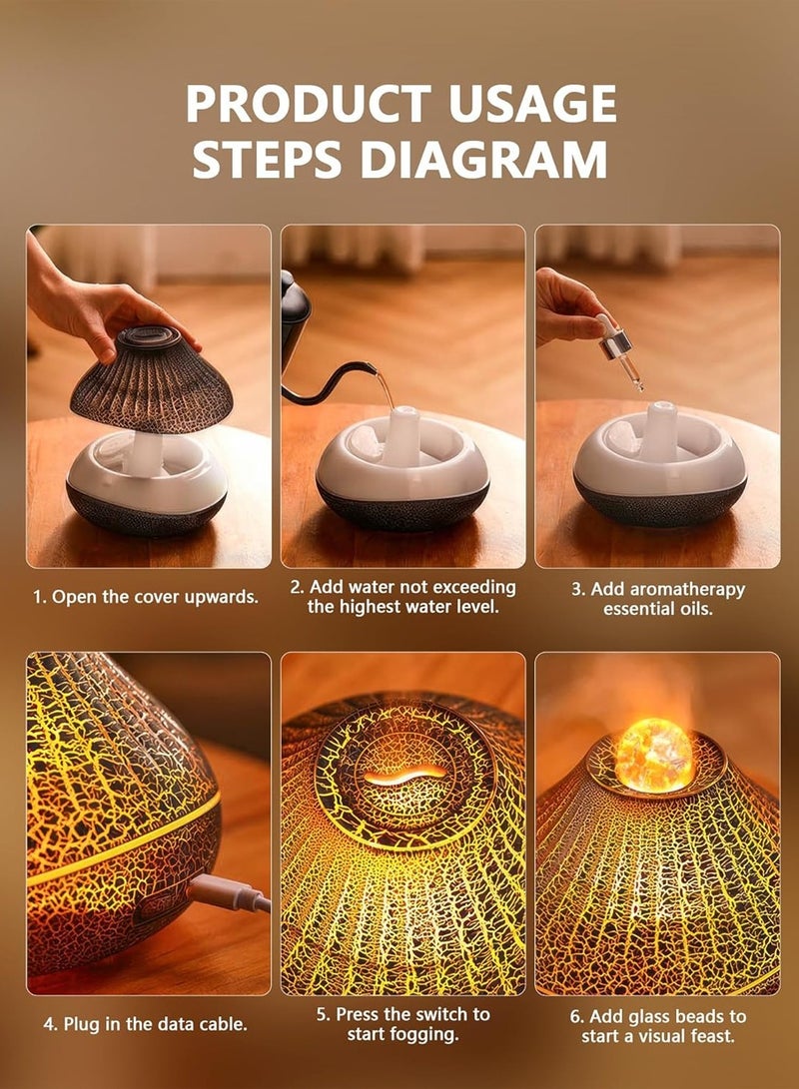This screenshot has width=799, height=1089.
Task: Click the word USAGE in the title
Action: (x=532, y=104)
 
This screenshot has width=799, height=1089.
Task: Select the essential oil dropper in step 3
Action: (x=620, y=350)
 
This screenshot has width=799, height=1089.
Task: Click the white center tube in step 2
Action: (x=402, y=436)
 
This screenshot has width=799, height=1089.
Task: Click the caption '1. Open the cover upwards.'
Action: (x=145, y=597)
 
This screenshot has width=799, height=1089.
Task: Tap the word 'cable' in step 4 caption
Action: (x=222, y=1024)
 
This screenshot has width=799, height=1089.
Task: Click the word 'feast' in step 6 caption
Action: (x=711, y=1036)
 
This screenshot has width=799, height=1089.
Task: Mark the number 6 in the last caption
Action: (x=576, y=1017)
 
